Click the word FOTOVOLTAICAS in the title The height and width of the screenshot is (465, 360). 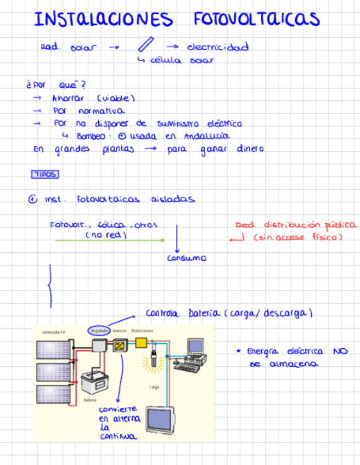pyautogui.click(x=256, y=19)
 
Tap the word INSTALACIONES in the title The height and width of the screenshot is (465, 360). pyautogui.click(x=103, y=20)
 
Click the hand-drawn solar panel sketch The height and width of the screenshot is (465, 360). pyautogui.click(x=145, y=44)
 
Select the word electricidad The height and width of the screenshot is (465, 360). pyautogui.click(x=217, y=47)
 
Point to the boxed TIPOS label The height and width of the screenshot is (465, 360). pyautogui.click(x=45, y=174)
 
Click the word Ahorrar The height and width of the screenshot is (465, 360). pyautogui.click(x=67, y=98)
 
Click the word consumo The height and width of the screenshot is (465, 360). pyautogui.click(x=187, y=258)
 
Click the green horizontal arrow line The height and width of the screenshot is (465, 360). pyautogui.click(x=110, y=240)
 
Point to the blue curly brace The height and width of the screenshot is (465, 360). pyautogui.click(x=50, y=286)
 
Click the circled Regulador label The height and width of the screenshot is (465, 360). pyautogui.click(x=98, y=331)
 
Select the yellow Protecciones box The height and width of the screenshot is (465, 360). pyautogui.click(x=141, y=343)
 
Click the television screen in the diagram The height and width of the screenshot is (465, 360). pyautogui.click(x=162, y=421)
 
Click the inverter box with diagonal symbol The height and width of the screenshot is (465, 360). pyautogui.click(x=119, y=345)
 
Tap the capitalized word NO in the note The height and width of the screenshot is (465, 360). pyautogui.click(x=340, y=351)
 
